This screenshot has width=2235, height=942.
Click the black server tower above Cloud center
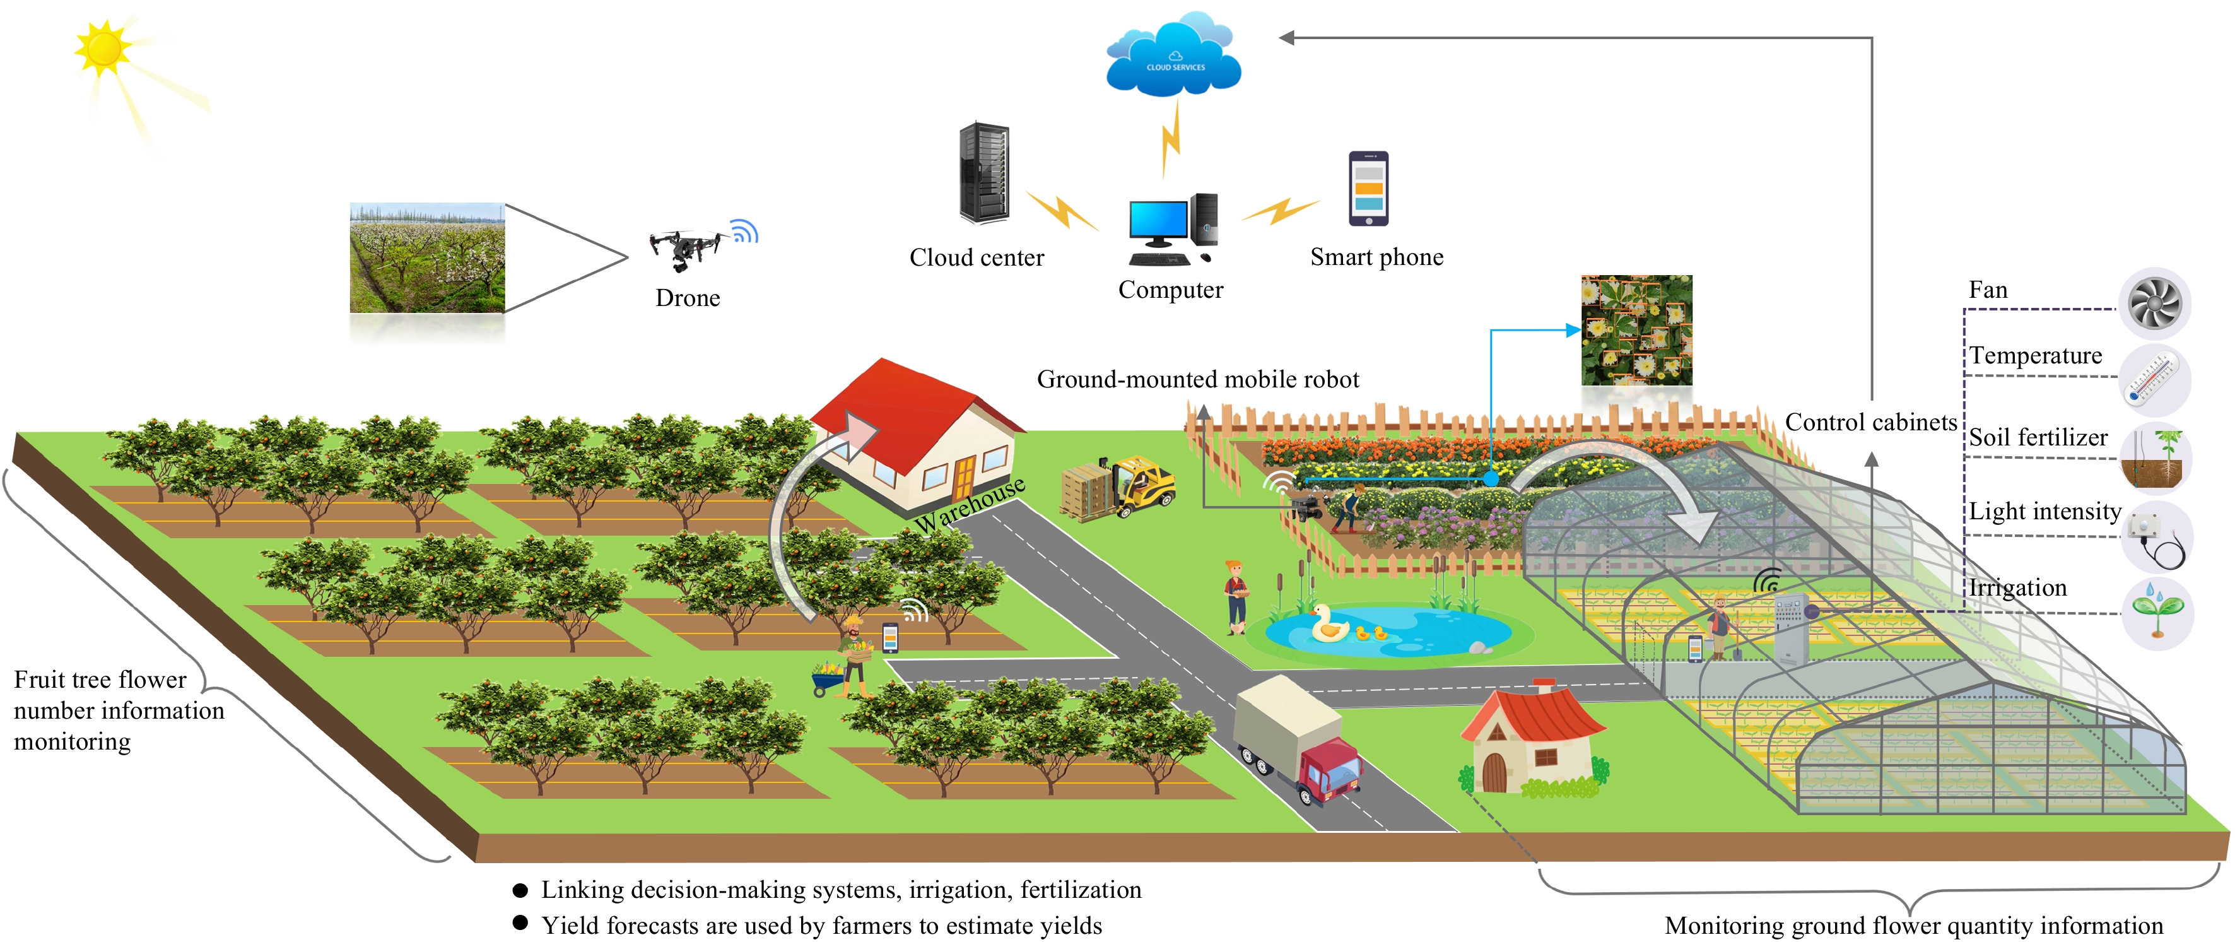click(x=984, y=174)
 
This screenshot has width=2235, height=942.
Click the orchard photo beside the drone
click(x=427, y=257)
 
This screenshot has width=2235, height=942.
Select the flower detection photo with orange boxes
click(x=1636, y=331)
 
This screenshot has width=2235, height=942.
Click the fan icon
click(x=2155, y=303)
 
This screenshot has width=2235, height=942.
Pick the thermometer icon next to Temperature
click(x=2155, y=380)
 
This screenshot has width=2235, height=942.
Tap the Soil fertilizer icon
click(x=2156, y=457)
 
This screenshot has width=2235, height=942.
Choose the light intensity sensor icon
click(x=2157, y=536)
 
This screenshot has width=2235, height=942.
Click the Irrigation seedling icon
click(x=2158, y=613)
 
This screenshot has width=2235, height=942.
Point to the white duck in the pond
click(x=1327, y=623)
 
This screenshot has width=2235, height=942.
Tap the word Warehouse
click(x=970, y=505)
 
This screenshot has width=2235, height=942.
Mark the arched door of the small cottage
click(x=1494, y=772)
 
